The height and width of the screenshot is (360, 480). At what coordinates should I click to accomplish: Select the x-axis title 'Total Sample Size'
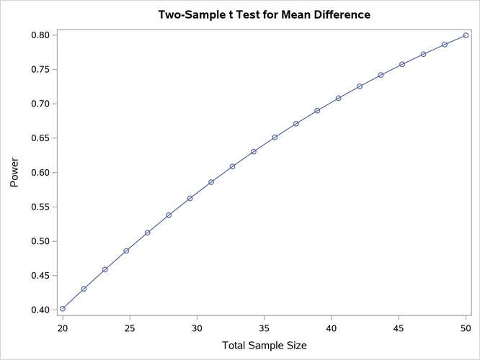point(264,346)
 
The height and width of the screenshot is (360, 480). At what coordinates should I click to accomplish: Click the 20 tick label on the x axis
point(63,329)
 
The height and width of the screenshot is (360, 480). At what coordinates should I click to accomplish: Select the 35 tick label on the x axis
point(265,329)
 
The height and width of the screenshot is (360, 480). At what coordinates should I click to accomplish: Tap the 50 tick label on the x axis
point(466,329)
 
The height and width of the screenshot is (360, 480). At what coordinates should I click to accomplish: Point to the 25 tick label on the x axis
point(130,329)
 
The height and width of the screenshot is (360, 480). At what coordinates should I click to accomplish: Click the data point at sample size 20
point(63,308)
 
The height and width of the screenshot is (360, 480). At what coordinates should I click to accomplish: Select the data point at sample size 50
point(466,35)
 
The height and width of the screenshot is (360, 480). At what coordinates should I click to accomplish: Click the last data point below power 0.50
point(126,251)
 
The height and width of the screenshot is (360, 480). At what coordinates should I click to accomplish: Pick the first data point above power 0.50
point(148,233)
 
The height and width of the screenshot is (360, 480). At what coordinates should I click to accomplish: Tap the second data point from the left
point(84,289)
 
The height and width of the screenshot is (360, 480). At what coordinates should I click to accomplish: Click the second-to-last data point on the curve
point(445,45)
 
